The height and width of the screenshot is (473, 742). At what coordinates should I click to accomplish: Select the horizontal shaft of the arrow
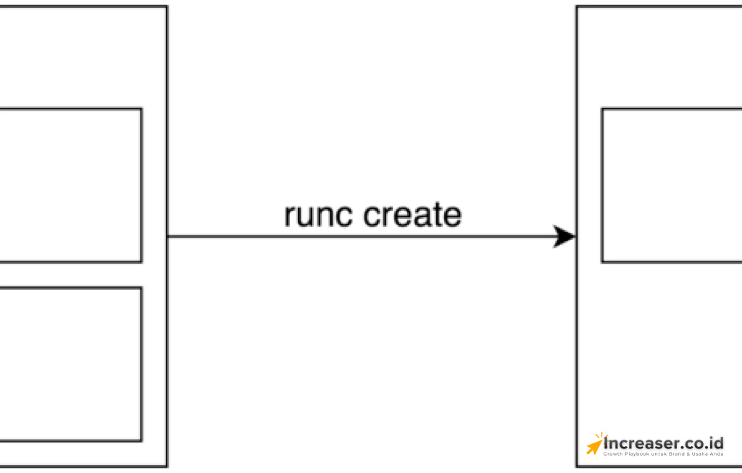[x=362, y=236]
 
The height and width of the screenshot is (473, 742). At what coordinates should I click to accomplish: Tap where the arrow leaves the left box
[x=168, y=236]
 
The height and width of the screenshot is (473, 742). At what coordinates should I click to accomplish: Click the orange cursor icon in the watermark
[x=595, y=443]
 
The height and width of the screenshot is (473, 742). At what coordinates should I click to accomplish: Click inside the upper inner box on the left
[x=69, y=185]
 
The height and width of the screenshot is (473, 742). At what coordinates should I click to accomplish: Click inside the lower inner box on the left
[x=69, y=364]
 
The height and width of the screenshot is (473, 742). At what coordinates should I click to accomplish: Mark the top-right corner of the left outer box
[x=167, y=7]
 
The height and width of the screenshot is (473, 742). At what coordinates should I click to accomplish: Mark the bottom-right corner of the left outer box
[x=167, y=466]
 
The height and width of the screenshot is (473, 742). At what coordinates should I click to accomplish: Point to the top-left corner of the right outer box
[x=577, y=7]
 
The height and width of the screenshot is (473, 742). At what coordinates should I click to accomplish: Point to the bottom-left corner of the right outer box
[x=577, y=466]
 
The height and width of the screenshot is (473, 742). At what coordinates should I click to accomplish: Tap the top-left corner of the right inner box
[x=602, y=109]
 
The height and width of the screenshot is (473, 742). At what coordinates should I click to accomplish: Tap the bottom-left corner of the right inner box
[x=602, y=261]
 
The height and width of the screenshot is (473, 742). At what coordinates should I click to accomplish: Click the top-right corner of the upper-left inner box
[x=141, y=109]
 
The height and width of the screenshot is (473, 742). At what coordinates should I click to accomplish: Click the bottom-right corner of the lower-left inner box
[x=141, y=440]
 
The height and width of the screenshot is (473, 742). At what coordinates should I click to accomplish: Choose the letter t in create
[x=437, y=215]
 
